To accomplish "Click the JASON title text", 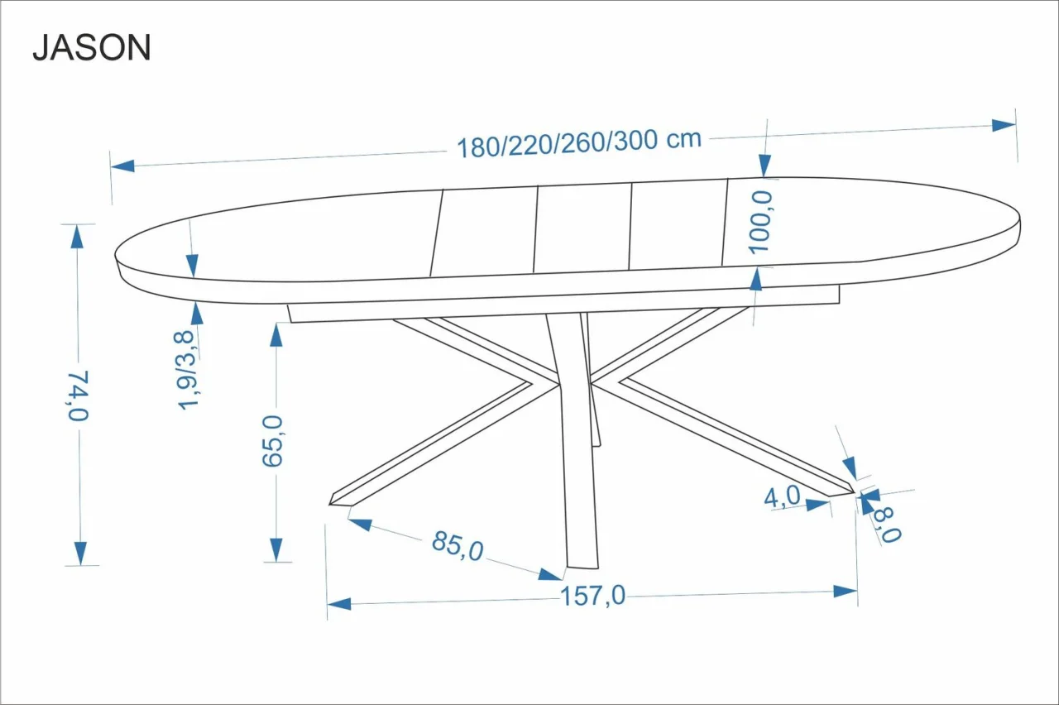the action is click(92, 48).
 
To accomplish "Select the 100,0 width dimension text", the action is click(760, 223).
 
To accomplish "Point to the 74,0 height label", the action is click(77, 396).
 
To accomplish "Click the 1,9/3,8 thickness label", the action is click(186, 369).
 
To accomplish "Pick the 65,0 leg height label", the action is click(272, 441).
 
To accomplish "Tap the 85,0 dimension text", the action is click(458, 546).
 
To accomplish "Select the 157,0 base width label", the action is click(593, 596).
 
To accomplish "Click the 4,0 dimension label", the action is click(783, 497).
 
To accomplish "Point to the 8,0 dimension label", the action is click(886, 525).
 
